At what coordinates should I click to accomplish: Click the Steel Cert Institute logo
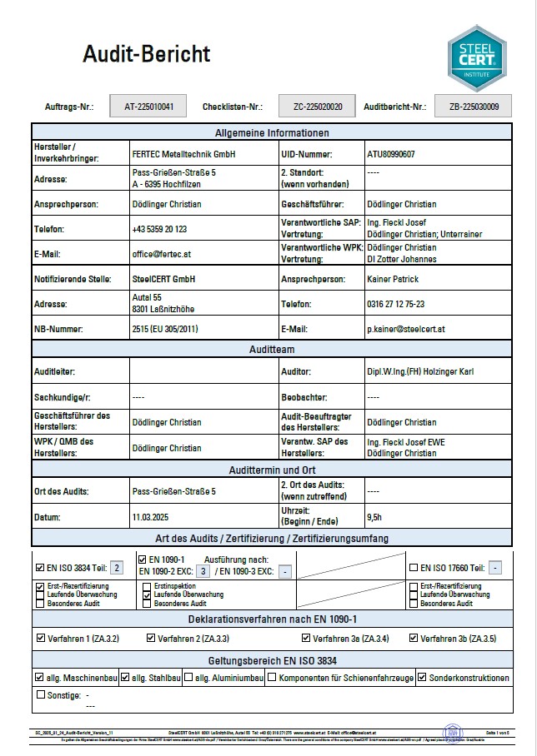coord(476,57)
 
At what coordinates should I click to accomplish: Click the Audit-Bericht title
coord(146,55)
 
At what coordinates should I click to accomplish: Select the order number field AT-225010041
coord(149,107)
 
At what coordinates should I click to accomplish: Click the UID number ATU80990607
coord(391,154)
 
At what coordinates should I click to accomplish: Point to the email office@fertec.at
coord(163,254)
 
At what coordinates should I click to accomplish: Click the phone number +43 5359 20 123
coord(159,229)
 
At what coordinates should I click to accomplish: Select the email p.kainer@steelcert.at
coord(406,329)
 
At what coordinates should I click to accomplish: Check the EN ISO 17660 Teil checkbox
coord(414,568)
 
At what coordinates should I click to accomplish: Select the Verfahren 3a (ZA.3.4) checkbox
coord(306,639)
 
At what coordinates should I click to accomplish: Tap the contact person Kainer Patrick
coord(393,279)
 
